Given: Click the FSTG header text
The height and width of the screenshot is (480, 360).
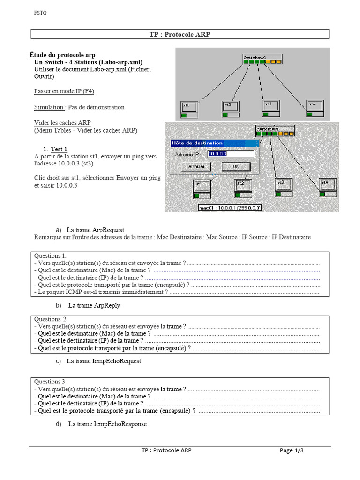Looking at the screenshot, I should pos(40,13).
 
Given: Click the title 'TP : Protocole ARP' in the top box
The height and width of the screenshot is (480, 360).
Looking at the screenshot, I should pos(180,34).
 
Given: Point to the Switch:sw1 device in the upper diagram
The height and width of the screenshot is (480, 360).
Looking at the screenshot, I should pos(262,60).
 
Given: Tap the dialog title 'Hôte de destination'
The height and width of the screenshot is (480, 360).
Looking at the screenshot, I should pos(197,143).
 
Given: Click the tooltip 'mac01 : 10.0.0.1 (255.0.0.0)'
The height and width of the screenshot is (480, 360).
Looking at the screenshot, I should pos(230,208).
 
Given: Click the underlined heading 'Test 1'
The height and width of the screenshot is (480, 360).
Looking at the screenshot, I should pos(60,149).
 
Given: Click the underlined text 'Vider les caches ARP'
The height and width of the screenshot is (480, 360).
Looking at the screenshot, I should pos(62,123).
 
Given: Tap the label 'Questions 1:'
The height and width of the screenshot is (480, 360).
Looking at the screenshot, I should pos(50,255).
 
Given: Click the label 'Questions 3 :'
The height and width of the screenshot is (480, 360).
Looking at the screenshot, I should pos(51,382).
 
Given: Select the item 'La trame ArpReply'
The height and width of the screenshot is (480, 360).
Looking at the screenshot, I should pos(94,305).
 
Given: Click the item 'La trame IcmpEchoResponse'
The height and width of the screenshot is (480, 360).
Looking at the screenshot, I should pos(107,424).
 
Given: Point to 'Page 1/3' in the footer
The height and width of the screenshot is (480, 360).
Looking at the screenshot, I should pos(292,450).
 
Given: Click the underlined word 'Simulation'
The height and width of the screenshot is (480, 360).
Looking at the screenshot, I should pos(49,107).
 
